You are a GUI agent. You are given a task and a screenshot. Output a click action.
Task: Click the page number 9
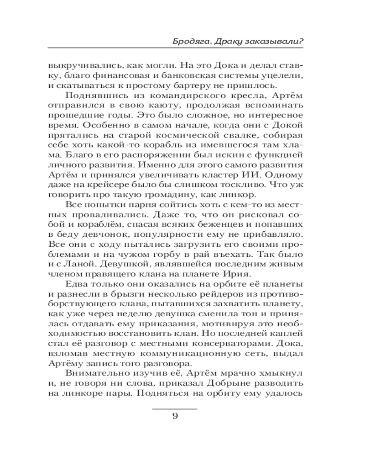(175, 415)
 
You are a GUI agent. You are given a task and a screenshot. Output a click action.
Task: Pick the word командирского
(175, 96)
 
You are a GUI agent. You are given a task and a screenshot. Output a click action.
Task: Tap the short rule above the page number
(174, 407)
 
